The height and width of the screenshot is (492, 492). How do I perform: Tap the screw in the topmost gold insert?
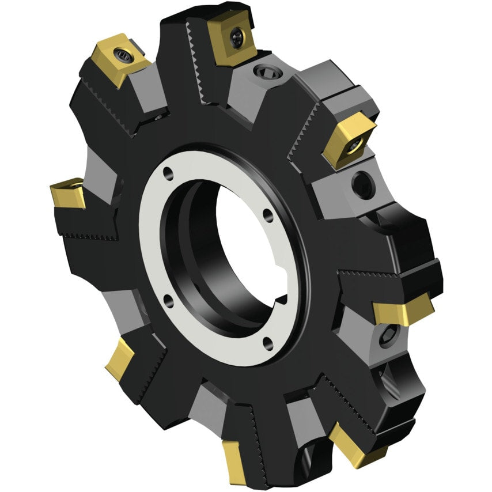(x=237, y=37)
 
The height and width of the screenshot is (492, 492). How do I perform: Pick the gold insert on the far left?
(x=68, y=194)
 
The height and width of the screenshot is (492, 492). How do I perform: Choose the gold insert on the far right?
(x=402, y=311)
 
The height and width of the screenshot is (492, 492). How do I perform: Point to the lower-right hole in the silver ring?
(x=266, y=344)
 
